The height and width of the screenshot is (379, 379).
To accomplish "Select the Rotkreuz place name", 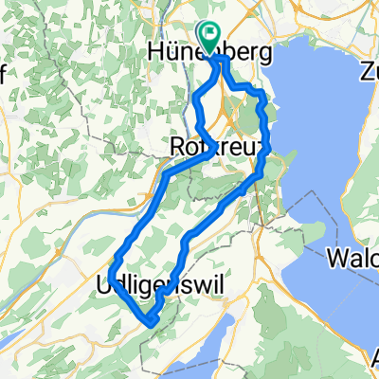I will click(217, 149).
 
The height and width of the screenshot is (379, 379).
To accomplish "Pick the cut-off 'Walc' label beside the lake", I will click(352, 258).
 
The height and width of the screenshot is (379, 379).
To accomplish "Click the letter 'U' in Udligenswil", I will click(104, 283).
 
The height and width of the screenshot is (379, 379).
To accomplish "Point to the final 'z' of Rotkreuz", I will click(264, 149).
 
